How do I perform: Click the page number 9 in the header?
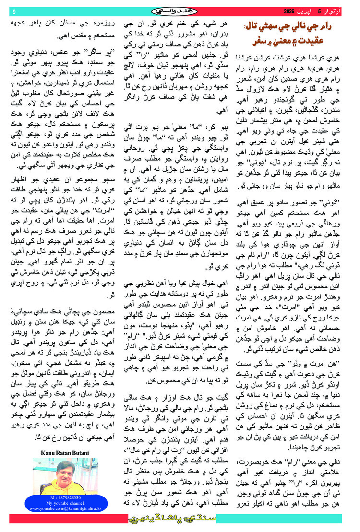tap(14, 11)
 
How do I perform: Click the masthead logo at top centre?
tap(180, 11)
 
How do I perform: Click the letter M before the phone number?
tap(52, 498)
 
